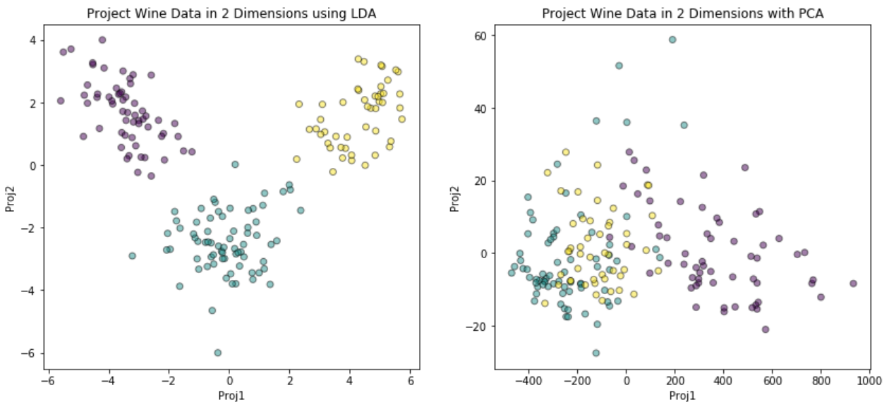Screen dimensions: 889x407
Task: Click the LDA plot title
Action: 231,13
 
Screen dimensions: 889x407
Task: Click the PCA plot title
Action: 683,13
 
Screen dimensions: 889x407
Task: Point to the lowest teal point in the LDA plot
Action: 217,353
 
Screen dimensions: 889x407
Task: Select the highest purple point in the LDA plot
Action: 102,40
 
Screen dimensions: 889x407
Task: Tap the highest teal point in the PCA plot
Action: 672,40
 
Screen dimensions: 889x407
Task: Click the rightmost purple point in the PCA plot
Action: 853,284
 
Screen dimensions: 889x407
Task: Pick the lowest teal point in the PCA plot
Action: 595,353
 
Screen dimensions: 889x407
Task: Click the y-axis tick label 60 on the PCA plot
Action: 480,36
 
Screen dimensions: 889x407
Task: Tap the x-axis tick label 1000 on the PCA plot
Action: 869,381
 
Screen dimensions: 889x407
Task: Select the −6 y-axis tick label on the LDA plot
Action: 30,353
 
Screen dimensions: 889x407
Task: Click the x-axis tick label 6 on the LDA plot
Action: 411,381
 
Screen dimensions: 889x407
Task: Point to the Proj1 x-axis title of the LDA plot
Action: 231,396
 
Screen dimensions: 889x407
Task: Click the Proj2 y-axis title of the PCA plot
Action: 454,199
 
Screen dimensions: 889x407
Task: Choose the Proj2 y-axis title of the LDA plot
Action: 10,199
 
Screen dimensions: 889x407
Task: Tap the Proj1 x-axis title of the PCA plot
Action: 682,396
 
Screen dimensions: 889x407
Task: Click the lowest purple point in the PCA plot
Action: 766,329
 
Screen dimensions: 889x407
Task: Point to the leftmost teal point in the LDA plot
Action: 132,256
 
